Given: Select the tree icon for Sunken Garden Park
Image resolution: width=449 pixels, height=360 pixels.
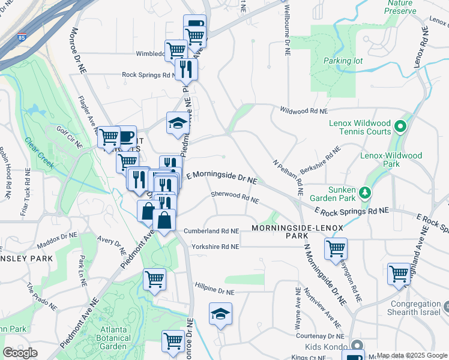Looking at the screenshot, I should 364,193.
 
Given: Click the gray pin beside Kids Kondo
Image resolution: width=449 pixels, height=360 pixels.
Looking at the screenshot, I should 357,346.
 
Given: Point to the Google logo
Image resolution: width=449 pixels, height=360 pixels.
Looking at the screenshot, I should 20,353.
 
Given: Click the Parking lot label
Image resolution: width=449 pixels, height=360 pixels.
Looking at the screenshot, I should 340,61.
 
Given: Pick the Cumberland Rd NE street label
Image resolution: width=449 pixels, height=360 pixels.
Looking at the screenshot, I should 211,230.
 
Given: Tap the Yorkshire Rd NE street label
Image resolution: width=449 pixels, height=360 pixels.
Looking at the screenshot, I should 215,247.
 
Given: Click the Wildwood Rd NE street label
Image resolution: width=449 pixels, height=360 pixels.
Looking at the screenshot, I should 304,110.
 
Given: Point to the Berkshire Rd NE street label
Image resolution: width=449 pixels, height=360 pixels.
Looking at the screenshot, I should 320,159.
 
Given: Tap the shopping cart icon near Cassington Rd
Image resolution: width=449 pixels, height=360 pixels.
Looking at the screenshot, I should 336,248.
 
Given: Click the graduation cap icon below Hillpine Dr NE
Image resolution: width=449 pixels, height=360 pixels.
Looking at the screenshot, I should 220,314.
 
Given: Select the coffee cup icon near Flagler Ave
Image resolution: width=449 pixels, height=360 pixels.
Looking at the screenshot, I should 125,137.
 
